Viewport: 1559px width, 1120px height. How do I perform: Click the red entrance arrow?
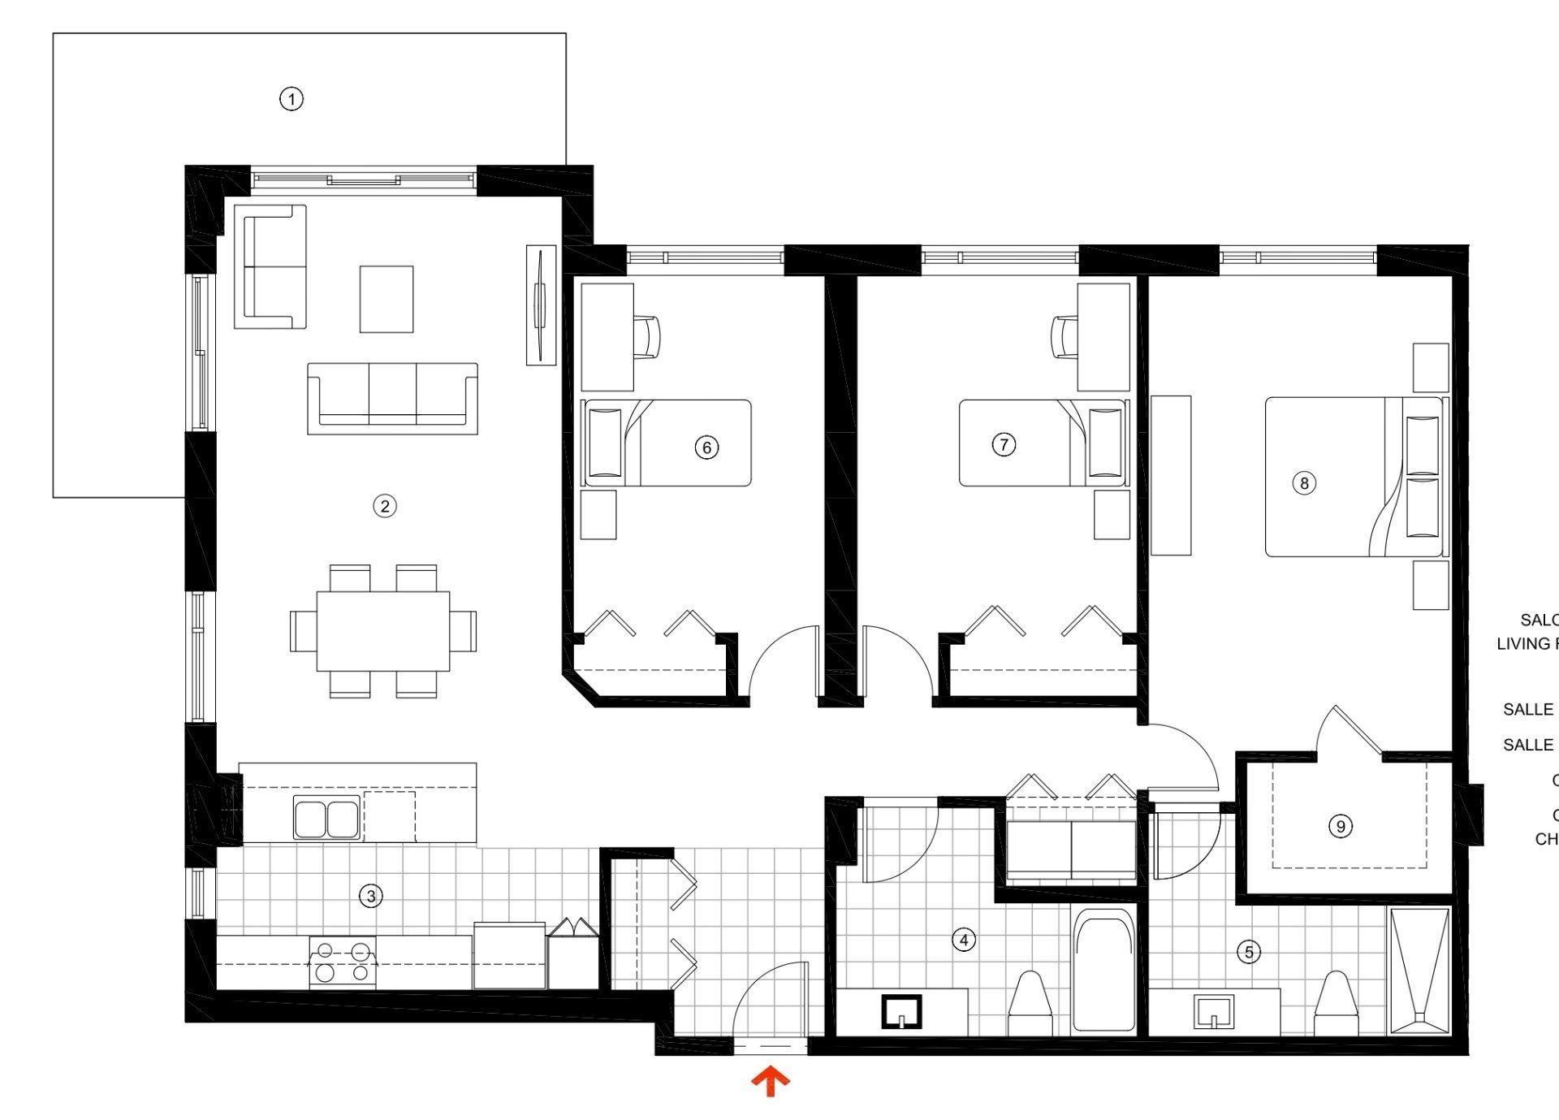click(x=769, y=1082)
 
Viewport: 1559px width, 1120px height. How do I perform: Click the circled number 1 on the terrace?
click(x=292, y=99)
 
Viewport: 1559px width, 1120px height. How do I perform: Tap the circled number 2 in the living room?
click(x=384, y=506)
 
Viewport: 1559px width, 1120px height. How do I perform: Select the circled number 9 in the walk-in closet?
click(x=1340, y=827)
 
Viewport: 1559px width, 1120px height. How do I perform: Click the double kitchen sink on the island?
click(x=327, y=818)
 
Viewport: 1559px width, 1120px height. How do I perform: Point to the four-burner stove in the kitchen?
click(x=343, y=962)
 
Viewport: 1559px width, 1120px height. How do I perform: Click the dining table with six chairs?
click(x=383, y=631)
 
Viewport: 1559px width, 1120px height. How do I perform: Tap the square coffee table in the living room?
click(x=387, y=299)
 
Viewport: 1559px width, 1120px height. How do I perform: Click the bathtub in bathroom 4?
click(x=1102, y=971)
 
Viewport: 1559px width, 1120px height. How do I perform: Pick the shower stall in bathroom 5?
click(x=1419, y=971)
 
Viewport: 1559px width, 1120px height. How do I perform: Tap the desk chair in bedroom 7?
click(x=1065, y=336)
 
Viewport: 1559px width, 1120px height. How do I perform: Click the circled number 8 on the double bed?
click(x=1304, y=483)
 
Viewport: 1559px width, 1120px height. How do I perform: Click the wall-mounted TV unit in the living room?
click(x=541, y=305)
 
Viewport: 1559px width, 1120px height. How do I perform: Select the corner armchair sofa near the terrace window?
click(x=270, y=266)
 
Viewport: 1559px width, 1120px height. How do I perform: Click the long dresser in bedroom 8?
click(x=1171, y=475)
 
